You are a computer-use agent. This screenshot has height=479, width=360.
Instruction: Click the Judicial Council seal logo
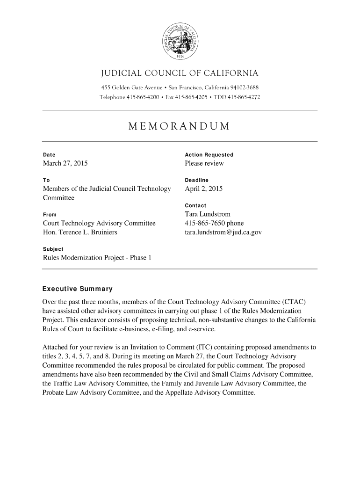tap(180, 41)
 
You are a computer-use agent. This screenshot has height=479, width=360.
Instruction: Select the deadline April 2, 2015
tap(204, 189)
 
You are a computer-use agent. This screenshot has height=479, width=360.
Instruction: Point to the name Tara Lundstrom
tap(208, 214)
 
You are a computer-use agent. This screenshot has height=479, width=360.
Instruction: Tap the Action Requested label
tap(209, 155)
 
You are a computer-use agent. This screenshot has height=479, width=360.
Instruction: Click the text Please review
tap(204, 163)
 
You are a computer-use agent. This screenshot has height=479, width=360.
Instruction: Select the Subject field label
tap(53, 249)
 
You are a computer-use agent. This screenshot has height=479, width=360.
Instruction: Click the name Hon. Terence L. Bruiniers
tap(80, 232)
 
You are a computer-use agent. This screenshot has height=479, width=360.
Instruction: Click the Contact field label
tap(196, 206)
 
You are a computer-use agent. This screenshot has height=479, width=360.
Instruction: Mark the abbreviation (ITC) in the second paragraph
tap(195, 347)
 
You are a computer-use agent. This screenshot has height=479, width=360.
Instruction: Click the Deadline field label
tap(197, 180)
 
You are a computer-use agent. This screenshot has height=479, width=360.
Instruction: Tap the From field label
tap(50, 215)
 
